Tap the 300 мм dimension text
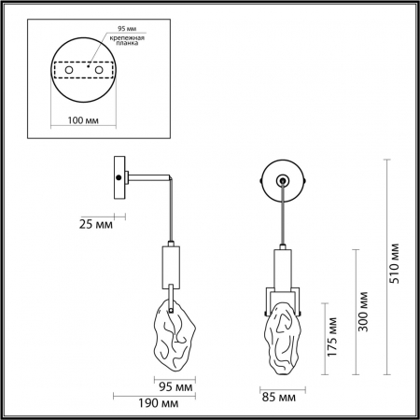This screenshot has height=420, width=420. coord(363,307)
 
